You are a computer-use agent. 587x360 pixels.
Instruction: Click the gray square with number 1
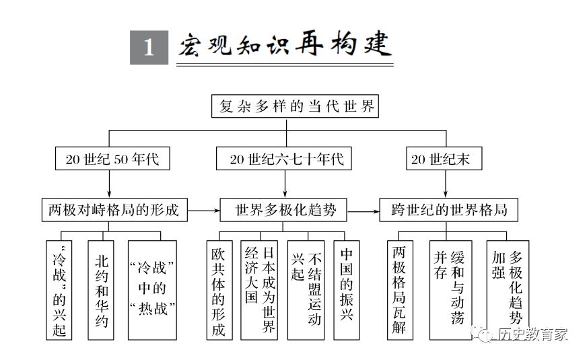(149, 48)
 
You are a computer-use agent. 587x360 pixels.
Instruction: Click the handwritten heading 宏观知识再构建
(285, 45)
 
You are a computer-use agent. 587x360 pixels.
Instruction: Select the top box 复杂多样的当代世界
(295, 106)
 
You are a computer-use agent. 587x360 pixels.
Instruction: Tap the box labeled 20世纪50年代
(112, 159)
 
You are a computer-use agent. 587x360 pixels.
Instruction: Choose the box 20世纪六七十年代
(284, 159)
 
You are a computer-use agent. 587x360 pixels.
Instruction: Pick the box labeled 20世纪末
(444, 159)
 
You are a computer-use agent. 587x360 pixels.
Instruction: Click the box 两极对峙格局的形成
(114, 210)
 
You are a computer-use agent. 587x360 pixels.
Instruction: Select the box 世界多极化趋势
(283, 210)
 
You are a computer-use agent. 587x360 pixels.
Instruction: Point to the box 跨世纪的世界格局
(449, 210)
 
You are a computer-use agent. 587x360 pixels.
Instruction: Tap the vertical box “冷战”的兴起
(59, 290)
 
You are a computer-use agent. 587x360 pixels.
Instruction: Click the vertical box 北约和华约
(101, 290)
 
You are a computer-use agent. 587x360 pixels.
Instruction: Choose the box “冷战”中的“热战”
(152, 290)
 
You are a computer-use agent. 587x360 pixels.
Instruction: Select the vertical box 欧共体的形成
(219, 290)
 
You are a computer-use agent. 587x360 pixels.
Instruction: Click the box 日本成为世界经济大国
(259, 290)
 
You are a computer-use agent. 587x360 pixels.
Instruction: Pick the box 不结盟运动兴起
(306, 290)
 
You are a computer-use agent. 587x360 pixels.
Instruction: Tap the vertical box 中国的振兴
(346, 290)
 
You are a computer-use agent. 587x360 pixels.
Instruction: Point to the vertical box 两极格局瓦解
(400, 290)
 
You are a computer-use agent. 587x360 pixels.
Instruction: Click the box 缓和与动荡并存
(450, 290)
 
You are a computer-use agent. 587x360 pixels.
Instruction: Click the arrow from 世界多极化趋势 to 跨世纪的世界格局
(363, 211)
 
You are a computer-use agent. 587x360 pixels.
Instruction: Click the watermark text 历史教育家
(532, 334)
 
